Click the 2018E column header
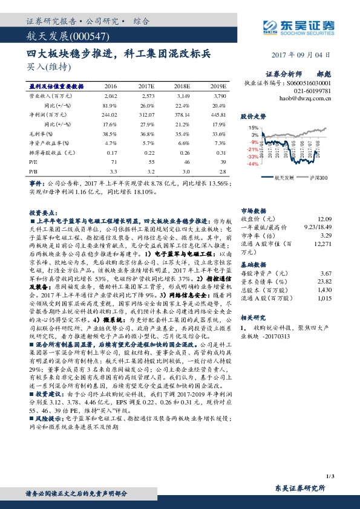click(182, 86)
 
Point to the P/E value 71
click(113, 162)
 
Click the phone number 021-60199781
click(314, 89)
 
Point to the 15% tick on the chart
click(254, 128)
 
